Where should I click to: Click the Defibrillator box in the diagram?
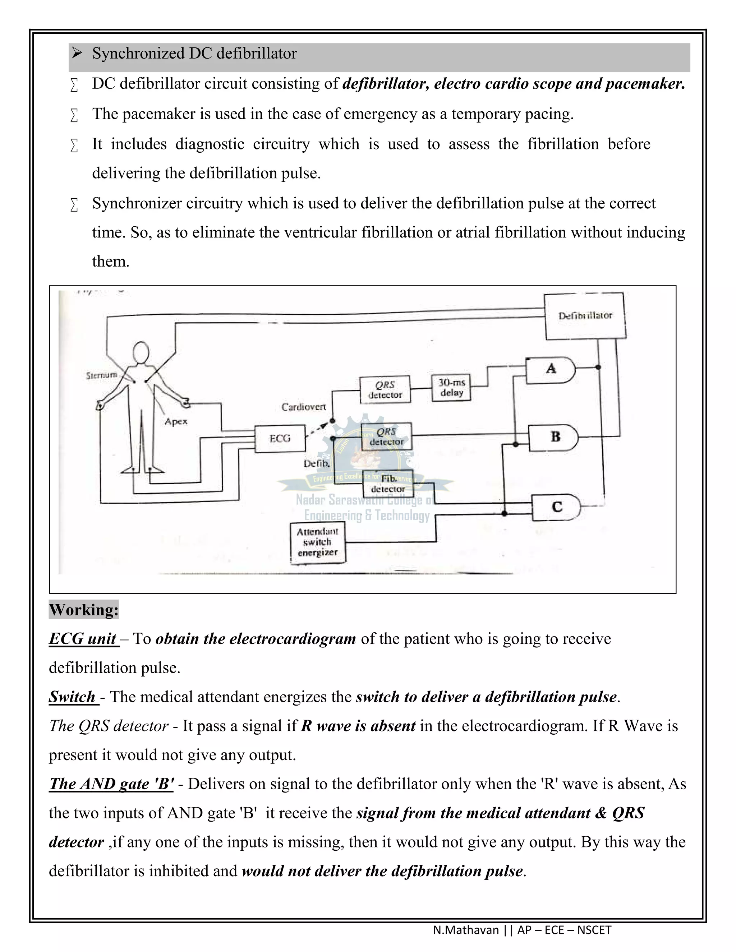pos(585,316)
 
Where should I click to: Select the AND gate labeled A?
pos(551,369)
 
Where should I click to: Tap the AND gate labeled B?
pos(554,437)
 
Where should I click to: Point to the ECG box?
pos(280,439)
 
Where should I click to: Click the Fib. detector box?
pos(388,484)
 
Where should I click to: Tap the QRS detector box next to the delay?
pos(385,390)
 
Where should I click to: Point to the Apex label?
pos(176,421)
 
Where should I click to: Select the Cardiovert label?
pos(303,407)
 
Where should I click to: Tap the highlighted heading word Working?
pos(84,609)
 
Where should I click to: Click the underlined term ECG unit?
pos(83,639)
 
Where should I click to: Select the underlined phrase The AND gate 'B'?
pos(111,784)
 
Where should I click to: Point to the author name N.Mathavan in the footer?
pos(466,930)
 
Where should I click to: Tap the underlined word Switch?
pos(72,697)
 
